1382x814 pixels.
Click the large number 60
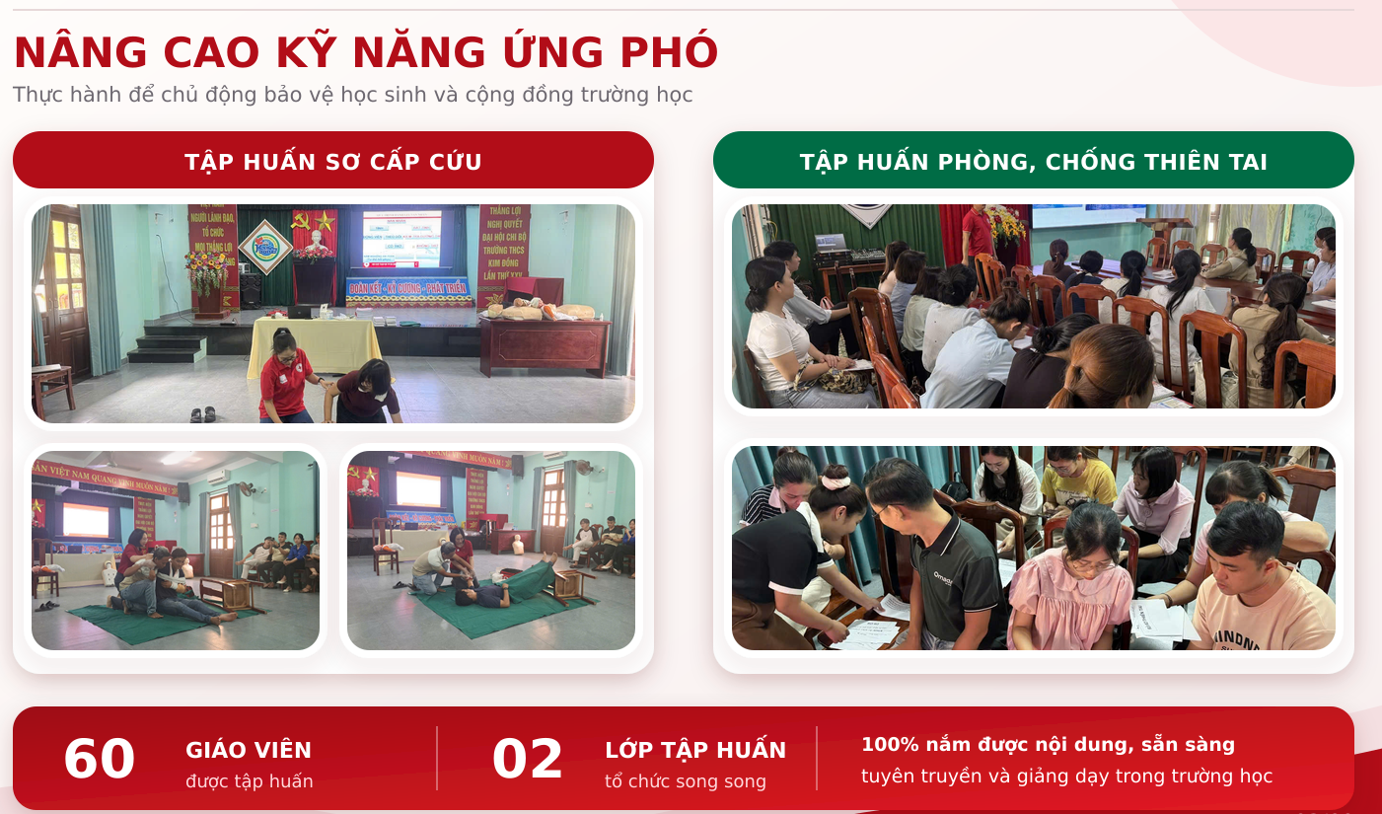(x=100, y=759)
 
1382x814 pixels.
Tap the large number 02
(x=528, y=759)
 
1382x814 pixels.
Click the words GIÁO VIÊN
(x=249, y=750)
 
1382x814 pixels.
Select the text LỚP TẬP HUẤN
(x=695, y=750)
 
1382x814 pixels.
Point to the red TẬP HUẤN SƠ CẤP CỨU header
(x=333, y=160)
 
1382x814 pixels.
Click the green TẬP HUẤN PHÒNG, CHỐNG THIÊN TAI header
(x=1034, y=160)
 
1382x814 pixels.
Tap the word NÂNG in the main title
(x=81, y=52)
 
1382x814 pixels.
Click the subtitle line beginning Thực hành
(x=352, y=95)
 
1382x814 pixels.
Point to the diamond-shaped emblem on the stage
(x=265, y=247)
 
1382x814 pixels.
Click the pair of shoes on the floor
(x=202, y=414)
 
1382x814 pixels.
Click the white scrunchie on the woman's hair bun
(x=836, y=481)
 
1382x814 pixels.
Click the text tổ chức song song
(x=686, y=781)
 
